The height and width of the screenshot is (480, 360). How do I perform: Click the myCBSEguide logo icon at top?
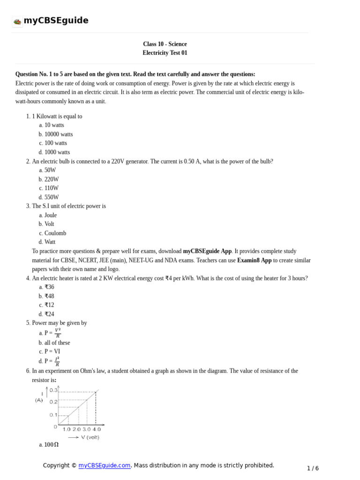point(17,21)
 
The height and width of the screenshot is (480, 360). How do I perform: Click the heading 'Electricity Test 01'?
point(165,53)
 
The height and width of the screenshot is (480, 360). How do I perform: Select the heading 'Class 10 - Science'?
point(165,44)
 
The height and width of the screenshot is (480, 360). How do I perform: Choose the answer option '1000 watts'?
point(57,152)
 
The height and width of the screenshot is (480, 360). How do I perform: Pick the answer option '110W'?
point(51,188)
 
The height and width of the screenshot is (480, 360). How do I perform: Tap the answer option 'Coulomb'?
point(55,233)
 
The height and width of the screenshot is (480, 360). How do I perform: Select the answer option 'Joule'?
point(50,215)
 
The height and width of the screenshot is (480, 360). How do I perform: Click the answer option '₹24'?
point(49,314)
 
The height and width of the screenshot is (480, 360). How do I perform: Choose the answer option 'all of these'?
point(57,343)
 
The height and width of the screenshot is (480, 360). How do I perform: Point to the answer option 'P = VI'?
point(52,351)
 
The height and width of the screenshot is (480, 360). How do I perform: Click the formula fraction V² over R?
point(58,333)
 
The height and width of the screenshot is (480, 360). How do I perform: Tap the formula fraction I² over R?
point(57,361)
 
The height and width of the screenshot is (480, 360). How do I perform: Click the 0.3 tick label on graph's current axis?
point(53,390)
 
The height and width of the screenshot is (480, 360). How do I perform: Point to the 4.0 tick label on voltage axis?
point(96,429)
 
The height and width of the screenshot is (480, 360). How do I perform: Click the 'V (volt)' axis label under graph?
point(90,437)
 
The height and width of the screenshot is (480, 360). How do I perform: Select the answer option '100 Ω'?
point(51,444)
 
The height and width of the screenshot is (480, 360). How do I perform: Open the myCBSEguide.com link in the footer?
point(104,465)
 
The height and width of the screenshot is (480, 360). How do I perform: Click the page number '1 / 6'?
point(313,468)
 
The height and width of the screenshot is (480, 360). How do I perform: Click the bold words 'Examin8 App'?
point(254,260)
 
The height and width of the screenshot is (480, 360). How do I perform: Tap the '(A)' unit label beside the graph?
point(39,400)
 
